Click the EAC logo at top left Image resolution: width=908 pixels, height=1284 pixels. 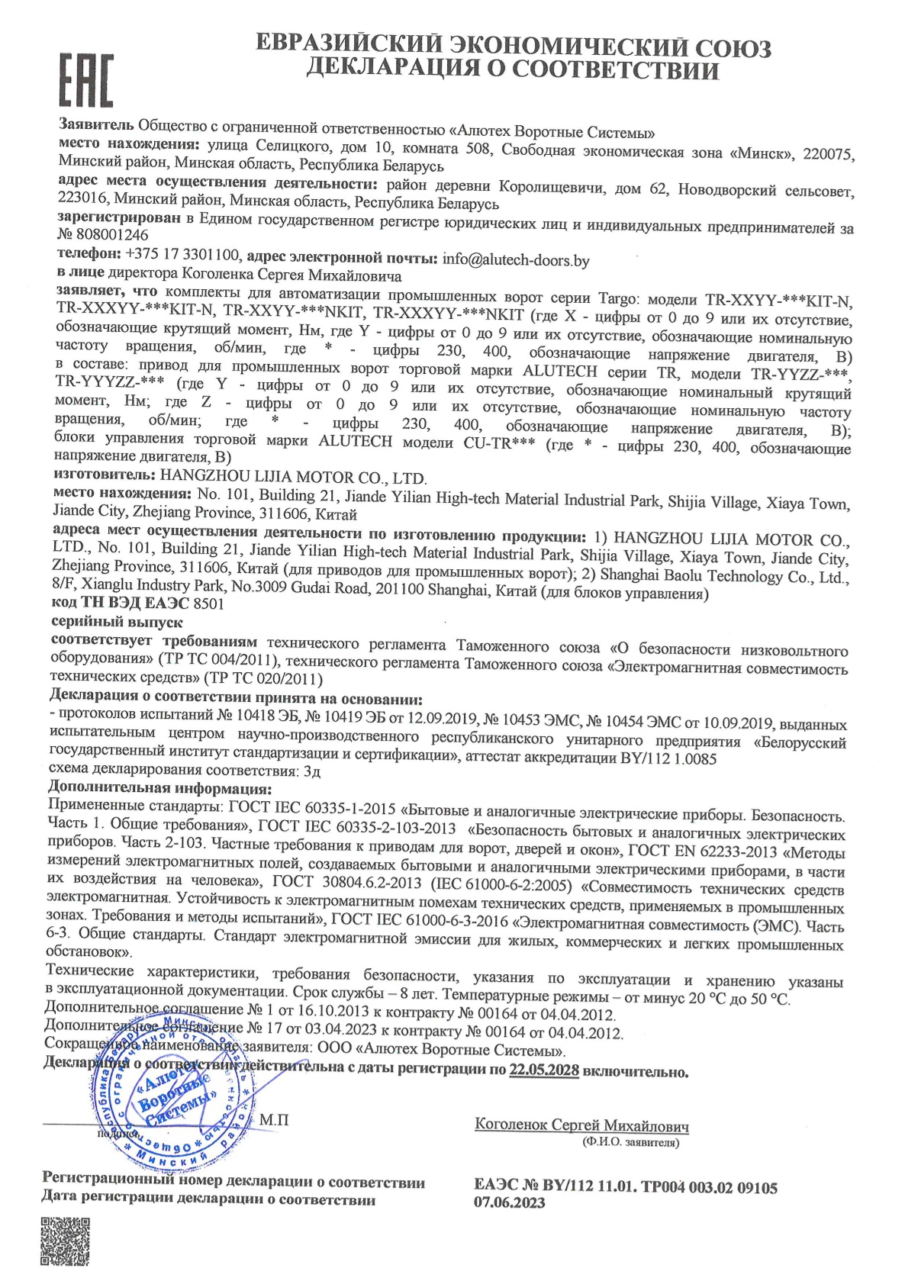(x=86, y=81)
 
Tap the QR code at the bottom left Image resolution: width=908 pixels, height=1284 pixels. (x=65, y=1242)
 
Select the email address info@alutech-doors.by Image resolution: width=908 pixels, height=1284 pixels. (x=516, y=260)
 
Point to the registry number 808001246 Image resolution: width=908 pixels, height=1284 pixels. (x=112, y=235)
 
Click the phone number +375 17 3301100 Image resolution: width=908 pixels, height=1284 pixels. (x=182, y=254)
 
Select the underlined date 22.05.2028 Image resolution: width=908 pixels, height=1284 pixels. (x=544, y=1070)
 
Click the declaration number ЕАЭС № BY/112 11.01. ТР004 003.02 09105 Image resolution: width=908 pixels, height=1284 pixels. (x=626, y=1187)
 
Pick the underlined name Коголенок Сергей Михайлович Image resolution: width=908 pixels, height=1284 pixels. (x=581, y=1125)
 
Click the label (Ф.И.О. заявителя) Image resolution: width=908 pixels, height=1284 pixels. (x=630, y=1142)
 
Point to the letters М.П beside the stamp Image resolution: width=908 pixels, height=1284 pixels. (x=274, y=1120)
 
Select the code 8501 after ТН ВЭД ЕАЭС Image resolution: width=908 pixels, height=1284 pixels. (x=208, y=603)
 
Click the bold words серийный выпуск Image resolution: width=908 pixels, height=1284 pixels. (x=117, y=622)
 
